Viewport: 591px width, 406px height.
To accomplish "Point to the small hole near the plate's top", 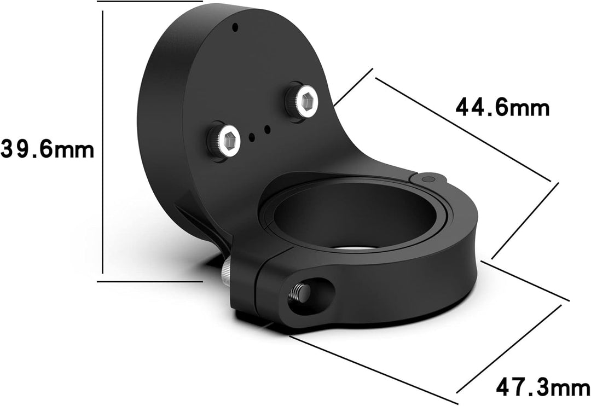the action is (x=235, y=27).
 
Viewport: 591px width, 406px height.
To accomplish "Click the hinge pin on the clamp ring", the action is (x=427, y=179).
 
